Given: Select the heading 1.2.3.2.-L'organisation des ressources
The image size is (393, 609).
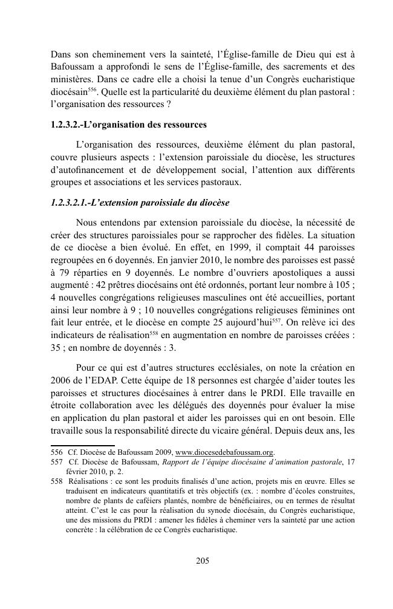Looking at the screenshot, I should click(x=129, y=125).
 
